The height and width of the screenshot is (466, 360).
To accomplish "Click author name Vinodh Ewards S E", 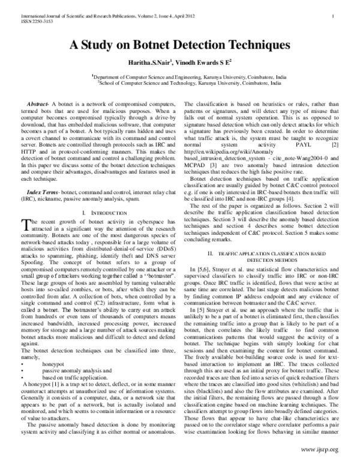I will [x=212, y=63].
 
